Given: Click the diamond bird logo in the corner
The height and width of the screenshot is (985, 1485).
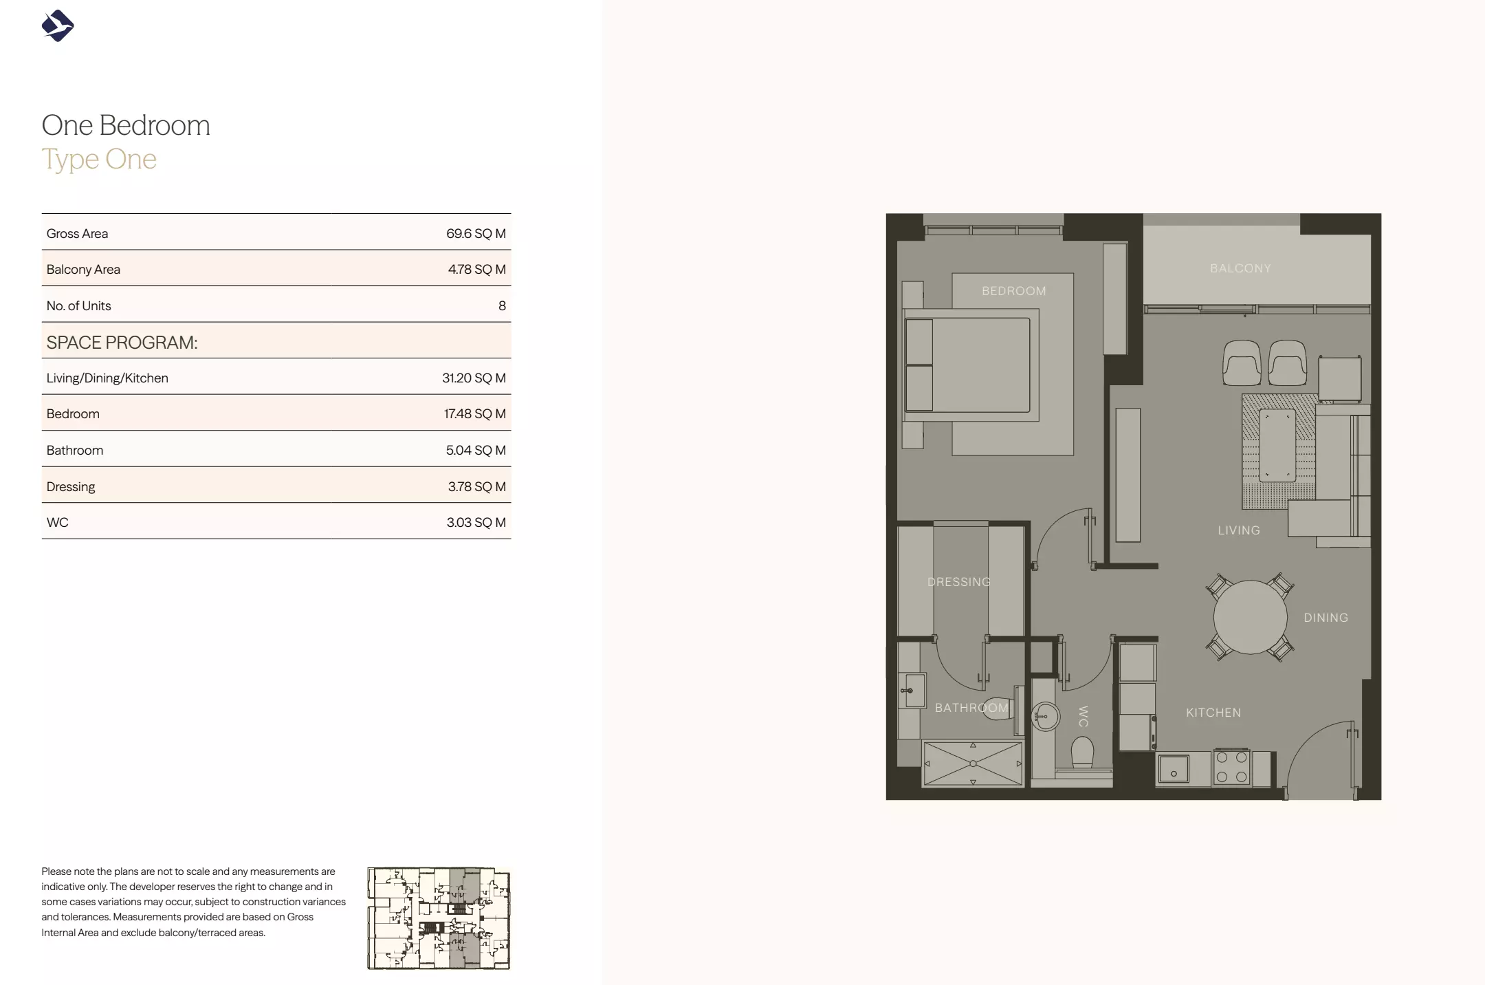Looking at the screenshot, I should pos(58,26).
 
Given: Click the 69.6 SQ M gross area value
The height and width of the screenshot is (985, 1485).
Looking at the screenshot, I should pos(476,233).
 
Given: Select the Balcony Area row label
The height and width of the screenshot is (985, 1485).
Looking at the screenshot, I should pos(83,270).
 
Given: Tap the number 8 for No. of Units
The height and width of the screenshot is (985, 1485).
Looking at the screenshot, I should pos(502,306).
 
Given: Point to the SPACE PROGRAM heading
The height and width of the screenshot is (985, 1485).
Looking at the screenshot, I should pos(122,343).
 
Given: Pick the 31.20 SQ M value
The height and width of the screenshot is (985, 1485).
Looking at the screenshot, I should pos(474,378).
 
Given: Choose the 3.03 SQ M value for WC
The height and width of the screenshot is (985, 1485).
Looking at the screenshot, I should pos(476,523).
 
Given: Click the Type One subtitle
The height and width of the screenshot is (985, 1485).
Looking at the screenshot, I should pos(99,160).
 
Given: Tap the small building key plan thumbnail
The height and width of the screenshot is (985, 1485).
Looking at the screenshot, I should pos(439,918).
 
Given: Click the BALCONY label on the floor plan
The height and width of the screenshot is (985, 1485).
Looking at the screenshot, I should pos(1240,268).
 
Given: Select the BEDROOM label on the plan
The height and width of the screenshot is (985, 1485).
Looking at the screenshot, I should pos(1013,291).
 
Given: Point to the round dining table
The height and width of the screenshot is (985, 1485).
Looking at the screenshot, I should pos(1250,618).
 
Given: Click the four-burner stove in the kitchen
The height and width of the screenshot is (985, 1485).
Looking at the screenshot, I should pos(1231,768).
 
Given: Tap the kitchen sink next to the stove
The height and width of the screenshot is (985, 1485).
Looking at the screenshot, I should pos(1174,770).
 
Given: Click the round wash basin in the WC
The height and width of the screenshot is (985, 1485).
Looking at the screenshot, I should pos(1045,717).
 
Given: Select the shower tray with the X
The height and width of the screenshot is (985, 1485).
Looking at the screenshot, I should pos(973,764).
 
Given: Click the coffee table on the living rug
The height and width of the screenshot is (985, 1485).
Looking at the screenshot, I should pos(1277,445).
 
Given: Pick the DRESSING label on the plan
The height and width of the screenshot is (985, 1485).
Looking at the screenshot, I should pos(959,582).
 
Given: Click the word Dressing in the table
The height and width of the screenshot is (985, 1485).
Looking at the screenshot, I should pos(71,487).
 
